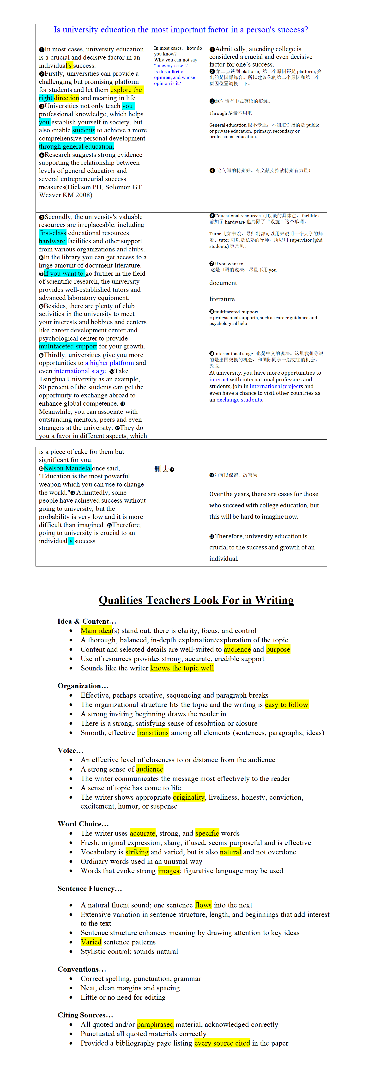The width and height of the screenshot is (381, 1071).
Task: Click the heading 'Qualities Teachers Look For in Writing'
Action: coord(196,600)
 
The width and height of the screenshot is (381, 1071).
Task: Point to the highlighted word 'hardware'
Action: coord(52,241)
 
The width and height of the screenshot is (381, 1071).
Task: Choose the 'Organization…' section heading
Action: coord(83,686)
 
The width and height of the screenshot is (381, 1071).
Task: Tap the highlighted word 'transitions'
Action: coord(153,733)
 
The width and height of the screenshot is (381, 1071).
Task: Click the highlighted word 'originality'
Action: coord(189,797)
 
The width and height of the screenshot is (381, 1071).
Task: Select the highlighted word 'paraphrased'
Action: coord(155,1024)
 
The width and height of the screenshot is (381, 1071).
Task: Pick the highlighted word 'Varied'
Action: coord(91,942)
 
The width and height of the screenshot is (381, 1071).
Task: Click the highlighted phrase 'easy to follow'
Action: coord(287,704)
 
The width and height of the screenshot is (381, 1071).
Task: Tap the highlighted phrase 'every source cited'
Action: coord(222,1043)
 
